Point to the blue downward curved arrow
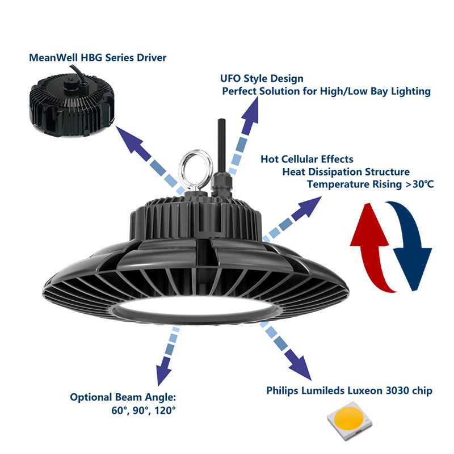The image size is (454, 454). (x=413, y=244)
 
